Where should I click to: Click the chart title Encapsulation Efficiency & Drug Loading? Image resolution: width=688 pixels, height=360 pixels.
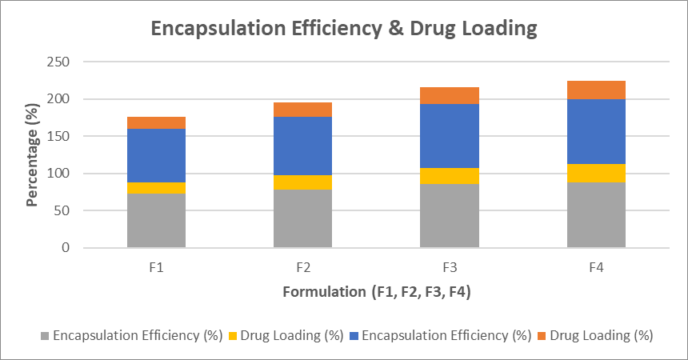(x=344, y=29)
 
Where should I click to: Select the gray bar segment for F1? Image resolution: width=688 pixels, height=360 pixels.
(x=156, y=221)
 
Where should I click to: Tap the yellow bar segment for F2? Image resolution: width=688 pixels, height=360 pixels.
(x=302, y=182)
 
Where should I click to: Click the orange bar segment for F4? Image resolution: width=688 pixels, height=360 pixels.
(x=596, y=90)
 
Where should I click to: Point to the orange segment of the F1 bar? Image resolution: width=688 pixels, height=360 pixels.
(x=156, y=122)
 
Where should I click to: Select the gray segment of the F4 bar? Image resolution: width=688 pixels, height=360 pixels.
(x=596, y=215)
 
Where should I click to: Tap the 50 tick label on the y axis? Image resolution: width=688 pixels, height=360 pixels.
(x=63, y=211)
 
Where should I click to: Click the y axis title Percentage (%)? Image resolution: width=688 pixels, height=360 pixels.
(x=32, y=155)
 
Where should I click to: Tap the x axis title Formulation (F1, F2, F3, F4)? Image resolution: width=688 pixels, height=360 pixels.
(x=376, y=292)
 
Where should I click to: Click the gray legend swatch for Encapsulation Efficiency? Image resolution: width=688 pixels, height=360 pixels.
(x=44, y=336)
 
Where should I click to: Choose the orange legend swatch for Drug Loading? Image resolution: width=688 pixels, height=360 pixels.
(x=542, y=336)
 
